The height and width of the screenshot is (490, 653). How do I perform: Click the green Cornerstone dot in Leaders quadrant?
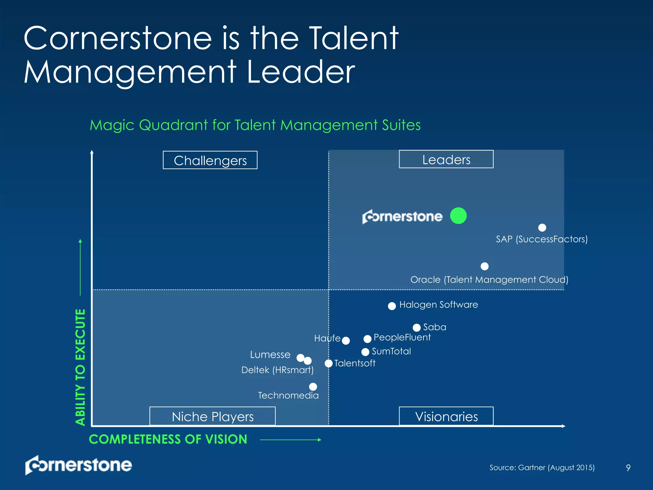pos(458,216)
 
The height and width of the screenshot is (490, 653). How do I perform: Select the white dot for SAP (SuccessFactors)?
pos(542,227)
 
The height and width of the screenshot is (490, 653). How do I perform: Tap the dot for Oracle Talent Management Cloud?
pos(484,266)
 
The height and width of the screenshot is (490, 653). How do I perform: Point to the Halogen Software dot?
pos(392,306)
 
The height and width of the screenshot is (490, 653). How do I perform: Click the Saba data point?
pos(416,328)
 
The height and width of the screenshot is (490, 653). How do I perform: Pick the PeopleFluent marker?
pos(367,338)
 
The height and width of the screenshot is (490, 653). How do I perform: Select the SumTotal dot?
pos(365,352)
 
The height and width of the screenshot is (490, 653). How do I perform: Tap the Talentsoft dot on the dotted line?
pos(328,363)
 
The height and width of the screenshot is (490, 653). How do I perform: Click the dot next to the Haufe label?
pos(346,341)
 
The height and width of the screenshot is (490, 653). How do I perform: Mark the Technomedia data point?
pos(313,387)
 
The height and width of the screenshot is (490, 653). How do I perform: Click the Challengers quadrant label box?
pos(210,160)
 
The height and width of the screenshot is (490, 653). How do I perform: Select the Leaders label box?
pos(446,159)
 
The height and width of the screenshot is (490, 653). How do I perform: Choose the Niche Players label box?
pos(212,416)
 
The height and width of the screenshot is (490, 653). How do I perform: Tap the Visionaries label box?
pos(446,416)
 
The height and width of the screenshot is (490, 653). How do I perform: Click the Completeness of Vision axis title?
pos(168,439)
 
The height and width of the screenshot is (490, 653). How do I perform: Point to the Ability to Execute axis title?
pos(80,367)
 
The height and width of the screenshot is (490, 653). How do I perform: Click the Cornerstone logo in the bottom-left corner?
pos(78,465)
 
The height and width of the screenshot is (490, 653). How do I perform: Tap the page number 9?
pos(628,468)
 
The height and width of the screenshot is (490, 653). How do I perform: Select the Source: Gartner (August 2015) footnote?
pos(542,468)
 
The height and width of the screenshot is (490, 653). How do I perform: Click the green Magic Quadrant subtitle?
pos(255,125)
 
